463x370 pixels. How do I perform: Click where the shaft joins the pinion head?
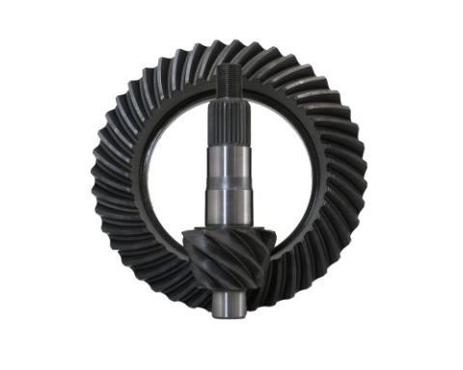pos(229,229)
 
